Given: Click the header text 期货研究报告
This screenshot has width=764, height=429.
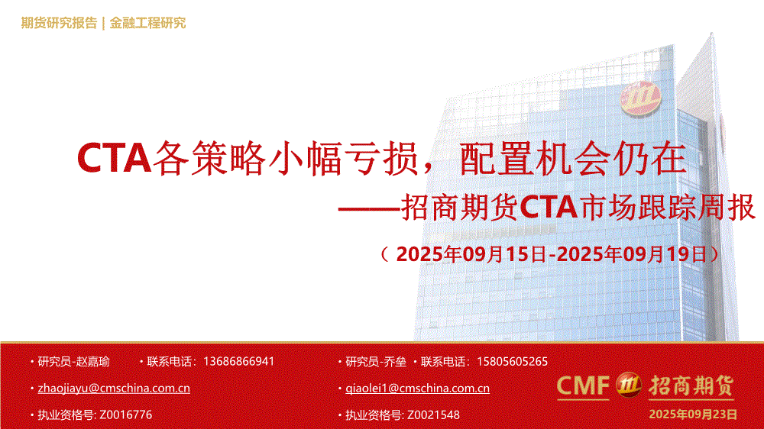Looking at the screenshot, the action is (59, 23).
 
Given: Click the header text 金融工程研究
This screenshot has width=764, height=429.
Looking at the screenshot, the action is (147, 23).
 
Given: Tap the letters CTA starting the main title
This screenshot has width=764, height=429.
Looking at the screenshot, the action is (114, 158).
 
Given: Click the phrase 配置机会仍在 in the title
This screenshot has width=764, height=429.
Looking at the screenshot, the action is (573, 158).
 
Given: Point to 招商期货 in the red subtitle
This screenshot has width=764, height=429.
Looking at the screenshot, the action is (460, 208).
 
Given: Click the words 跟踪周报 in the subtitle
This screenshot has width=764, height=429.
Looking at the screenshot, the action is (696, 208).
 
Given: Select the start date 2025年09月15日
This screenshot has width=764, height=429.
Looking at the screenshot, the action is (471, 254).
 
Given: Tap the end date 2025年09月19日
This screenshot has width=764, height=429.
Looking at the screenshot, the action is (632, 254).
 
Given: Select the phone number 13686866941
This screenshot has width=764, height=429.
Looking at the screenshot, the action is (238, 362).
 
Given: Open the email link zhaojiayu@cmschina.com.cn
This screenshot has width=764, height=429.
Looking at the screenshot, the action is (114, 389).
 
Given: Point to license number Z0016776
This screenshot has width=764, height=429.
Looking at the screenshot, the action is (126, 415).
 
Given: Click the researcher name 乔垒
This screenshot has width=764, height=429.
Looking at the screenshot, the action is (395, 362).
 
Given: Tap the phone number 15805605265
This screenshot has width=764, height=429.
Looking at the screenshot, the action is (512, 362).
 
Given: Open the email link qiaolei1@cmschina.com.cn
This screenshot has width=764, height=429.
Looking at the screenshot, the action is (418, 389).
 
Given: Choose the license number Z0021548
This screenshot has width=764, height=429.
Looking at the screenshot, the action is (433, 415).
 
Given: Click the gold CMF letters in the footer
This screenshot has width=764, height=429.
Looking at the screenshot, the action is (583, 385).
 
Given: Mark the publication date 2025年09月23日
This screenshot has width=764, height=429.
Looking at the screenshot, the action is (693, 414).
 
